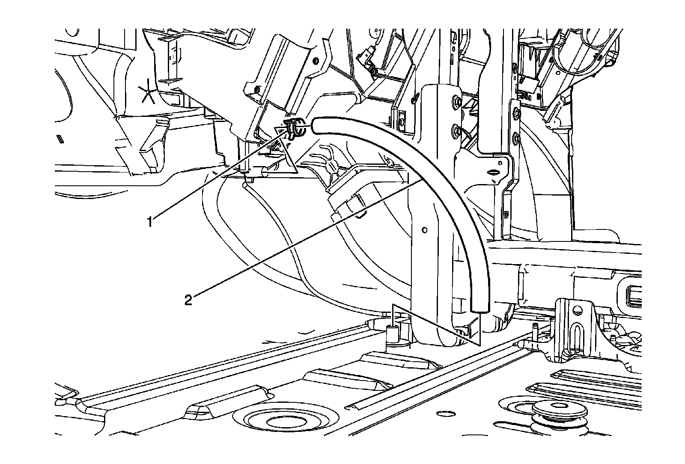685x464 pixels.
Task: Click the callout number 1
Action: (x=150, y=222)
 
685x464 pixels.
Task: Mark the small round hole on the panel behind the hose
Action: (x=424, y=230)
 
